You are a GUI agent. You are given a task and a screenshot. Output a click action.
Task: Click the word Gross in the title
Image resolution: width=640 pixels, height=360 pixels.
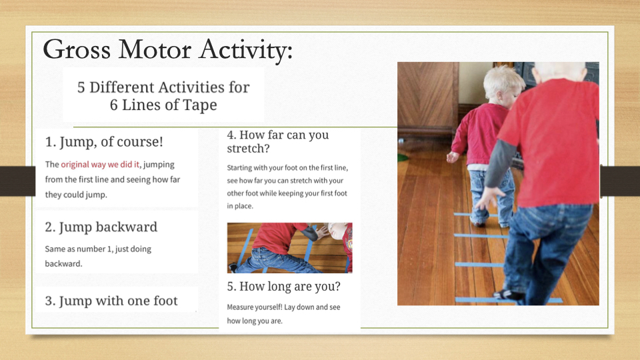point(77,50)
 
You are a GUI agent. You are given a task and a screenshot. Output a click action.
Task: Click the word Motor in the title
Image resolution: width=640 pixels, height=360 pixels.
point(155,50)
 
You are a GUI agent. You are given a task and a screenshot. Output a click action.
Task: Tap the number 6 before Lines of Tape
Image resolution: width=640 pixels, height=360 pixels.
point(113,105)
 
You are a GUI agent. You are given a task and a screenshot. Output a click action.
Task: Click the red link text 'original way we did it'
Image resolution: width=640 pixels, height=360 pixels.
point(100,165)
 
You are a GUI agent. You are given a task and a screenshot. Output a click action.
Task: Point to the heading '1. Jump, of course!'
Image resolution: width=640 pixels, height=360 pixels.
point(104,141)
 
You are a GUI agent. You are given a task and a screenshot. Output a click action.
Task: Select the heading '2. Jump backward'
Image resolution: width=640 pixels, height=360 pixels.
point(101,227)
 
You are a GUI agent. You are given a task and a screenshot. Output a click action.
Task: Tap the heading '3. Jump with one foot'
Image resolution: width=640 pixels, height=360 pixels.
point(111,301)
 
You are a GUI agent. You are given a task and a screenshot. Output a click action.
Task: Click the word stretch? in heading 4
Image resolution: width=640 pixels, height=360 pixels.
point(248,149)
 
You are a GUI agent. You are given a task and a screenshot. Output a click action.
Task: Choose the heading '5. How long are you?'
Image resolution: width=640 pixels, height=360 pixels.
point(284,287)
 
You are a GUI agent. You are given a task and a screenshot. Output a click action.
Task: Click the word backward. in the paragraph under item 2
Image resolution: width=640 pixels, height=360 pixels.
point(64,264)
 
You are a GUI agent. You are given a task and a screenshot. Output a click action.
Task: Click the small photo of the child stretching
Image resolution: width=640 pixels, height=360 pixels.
point(290,248)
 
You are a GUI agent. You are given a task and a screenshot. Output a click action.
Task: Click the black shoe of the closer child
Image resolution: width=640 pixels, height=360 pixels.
point(509,295)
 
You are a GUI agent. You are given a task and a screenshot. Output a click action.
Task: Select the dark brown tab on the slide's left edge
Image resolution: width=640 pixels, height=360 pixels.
point(17,181)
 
